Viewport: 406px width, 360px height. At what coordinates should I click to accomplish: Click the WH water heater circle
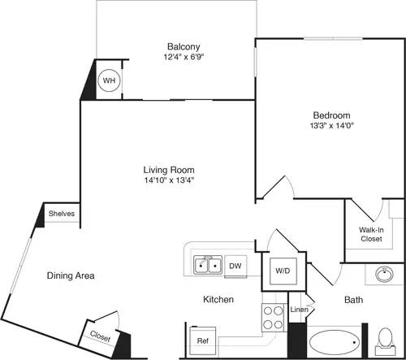click(108, 81)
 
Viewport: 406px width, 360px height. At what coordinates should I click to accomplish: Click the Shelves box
click(62, 214)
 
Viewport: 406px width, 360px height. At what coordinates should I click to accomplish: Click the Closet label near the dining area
click(101, 335)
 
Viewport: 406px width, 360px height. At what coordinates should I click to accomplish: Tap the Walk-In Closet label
click(371, 235)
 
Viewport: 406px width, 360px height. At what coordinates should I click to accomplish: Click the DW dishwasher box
click(235, 266)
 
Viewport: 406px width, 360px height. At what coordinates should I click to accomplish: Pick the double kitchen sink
click(208, 265)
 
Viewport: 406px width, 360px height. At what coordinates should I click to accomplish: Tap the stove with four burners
click(270, 318)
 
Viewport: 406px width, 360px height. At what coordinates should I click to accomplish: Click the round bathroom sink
click(386, 276)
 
